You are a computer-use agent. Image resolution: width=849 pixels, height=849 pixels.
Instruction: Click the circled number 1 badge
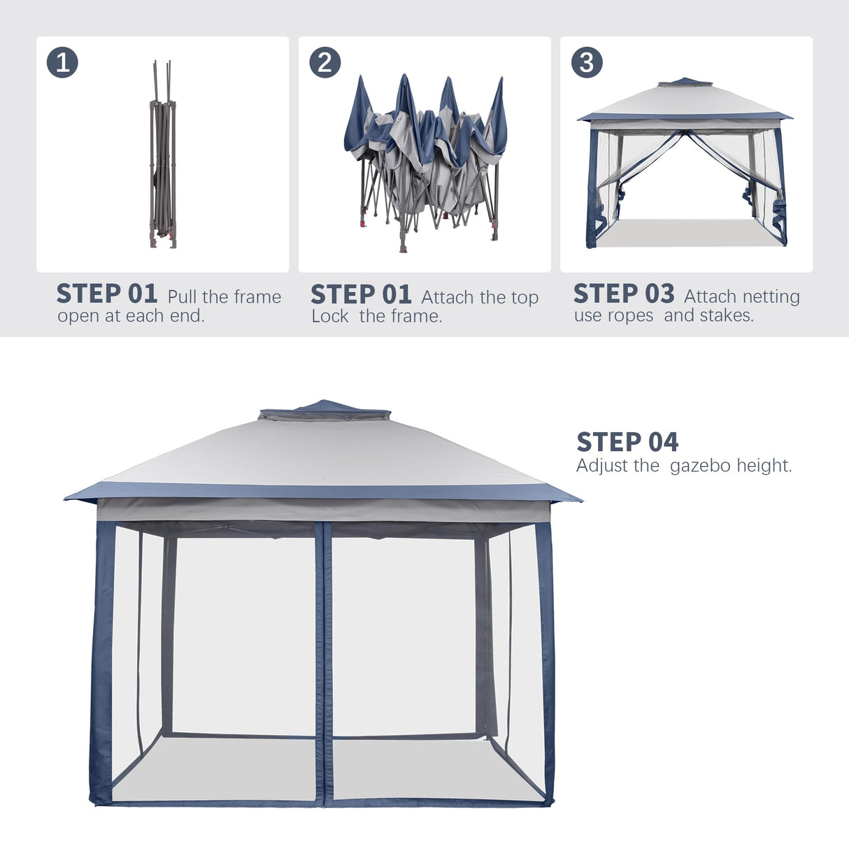62,62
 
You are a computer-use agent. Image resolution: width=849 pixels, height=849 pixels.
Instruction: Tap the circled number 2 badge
324,62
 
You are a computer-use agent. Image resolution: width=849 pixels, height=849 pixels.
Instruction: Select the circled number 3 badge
587,62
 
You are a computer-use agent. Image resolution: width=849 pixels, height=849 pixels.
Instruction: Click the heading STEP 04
627,442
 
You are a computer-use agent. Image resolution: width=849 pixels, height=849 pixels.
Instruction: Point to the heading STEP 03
624,294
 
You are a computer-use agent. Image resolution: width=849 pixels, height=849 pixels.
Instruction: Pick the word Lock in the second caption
330,316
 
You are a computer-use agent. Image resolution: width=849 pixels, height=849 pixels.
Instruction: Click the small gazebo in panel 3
685,164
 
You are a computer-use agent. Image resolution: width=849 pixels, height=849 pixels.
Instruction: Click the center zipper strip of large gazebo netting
322,664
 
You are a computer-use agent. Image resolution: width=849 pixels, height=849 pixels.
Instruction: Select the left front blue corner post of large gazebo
102,664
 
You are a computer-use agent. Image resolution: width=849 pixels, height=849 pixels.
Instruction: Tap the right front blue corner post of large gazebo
546,664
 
